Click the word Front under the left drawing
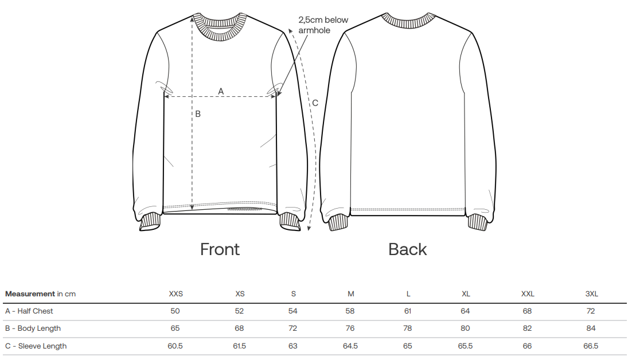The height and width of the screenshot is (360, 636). coord(220,249)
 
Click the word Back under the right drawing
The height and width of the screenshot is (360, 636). coord(408,249)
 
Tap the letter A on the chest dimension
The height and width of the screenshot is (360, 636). coord(221,91)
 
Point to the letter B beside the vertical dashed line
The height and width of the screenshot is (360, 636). coord(198,114)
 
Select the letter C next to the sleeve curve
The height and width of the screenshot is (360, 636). coord(315,103)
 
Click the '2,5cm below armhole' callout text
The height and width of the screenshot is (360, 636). coord(323,25)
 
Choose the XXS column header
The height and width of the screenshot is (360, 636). coord(175,294)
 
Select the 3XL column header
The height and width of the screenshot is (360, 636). coord(591,294)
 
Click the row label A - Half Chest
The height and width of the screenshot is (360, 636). coord(29,311)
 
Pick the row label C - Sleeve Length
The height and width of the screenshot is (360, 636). coord(36,346)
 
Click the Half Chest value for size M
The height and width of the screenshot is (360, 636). coord(350,311)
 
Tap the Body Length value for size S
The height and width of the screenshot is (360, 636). coord(293,328)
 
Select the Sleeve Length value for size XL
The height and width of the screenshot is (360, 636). coord(465,346)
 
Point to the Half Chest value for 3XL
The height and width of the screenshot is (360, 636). coord(591,311)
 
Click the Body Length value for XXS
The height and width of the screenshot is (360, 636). coord(175,328)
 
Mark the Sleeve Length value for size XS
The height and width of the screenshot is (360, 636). coord(239,346)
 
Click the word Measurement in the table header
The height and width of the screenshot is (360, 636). coord(30,294)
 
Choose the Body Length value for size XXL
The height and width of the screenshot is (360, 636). coord(527,328)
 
